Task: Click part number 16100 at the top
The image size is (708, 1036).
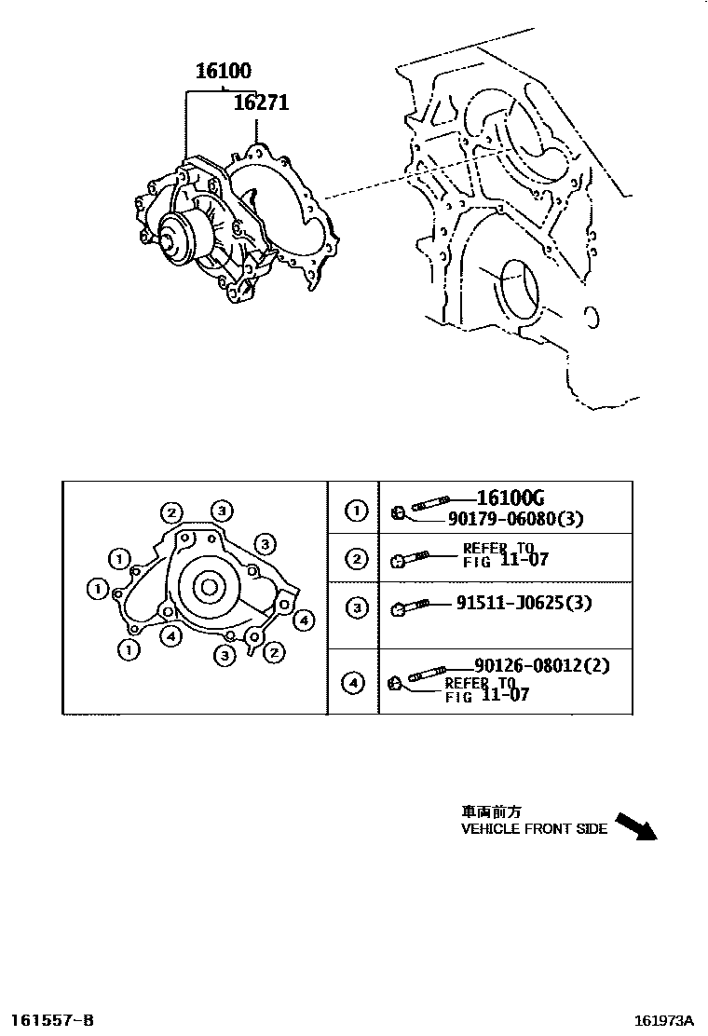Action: (223, 71)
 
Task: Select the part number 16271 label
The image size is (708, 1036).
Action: (260, 102)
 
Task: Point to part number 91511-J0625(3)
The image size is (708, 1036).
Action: (524, 603)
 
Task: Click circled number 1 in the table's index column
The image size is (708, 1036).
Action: (354, 511)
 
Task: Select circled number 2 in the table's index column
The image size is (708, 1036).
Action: (354, 559)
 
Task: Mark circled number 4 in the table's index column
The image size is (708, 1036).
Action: (354, 684)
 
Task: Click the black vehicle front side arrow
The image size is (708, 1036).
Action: (638, 826)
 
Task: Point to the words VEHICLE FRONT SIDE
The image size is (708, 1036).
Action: (534, 828)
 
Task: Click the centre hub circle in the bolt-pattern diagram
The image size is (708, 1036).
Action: (208, 587)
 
